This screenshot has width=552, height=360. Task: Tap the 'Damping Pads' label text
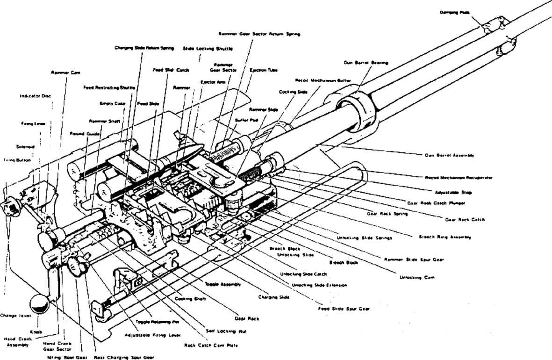[x=453, y=12]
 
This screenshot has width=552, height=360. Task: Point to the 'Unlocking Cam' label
[x=417, y=277]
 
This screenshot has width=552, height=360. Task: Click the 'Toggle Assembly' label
[x=222, y=284]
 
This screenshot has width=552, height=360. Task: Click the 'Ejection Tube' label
[x=263, y=70]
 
